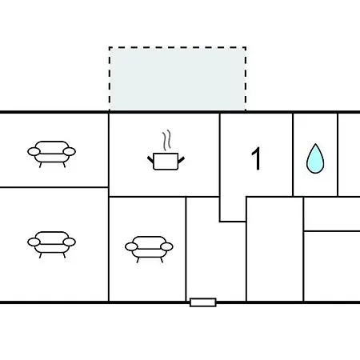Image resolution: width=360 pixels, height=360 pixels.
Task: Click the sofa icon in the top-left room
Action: tap(51, 154)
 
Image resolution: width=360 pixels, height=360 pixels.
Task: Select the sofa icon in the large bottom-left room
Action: tap(51, 244)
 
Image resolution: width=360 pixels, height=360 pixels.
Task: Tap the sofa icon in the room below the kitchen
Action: tap(149, 249)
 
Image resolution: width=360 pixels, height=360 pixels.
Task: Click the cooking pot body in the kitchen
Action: tap(166, 162)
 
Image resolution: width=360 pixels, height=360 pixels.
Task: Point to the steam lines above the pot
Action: tap(166, 140)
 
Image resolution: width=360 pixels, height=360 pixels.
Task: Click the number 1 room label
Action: tap(256, 158)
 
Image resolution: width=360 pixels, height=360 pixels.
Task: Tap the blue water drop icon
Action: tap(315, 158)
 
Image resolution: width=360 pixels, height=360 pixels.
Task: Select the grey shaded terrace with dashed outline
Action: tap(178, 78)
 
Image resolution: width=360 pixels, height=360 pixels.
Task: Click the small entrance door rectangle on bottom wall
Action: tap(203, 302)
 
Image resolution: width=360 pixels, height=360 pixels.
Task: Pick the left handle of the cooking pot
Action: tap(150, 159)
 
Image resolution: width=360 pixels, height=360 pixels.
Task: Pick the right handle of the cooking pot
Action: tap(181, 159)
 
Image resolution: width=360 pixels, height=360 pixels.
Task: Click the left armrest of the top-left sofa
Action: tap(34, 152)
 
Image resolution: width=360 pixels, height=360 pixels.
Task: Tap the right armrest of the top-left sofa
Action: tap(70, 152)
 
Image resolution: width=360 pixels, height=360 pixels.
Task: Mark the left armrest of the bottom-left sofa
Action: tap(34, 242)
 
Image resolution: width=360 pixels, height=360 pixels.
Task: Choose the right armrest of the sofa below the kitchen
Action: tap(167, 247)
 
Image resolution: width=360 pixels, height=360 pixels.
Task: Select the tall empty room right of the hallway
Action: tap(274, 250)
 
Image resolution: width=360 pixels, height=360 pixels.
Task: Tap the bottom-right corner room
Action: tap(332, 266)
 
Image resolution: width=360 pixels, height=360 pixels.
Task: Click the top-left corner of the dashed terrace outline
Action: tap(110, 47)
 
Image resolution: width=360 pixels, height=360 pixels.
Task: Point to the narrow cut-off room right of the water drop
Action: tap(349, 155)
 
